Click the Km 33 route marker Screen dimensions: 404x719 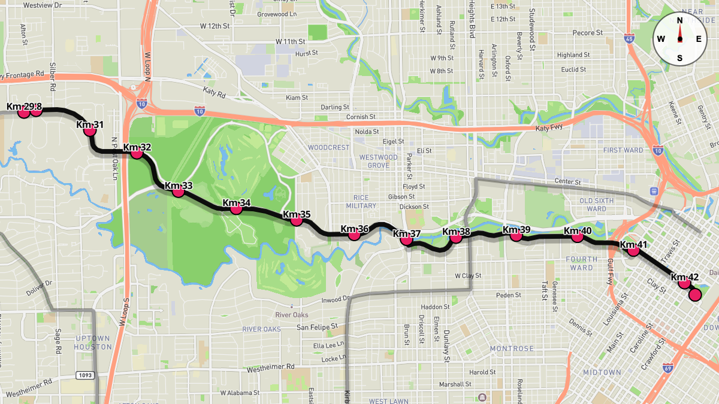coord(178,192)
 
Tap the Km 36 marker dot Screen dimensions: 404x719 coord(354,235)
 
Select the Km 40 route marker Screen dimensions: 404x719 coord(578,237)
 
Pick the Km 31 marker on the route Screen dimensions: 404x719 coord(90,130)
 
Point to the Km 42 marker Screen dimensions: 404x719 coord(684,283)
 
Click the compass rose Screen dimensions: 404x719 coord(680,39)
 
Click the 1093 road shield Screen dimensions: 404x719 coord(83,375)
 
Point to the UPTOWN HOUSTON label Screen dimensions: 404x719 coord(93,342)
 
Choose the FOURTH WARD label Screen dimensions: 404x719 coord(581,263)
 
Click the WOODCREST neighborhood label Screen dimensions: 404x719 coord(328,147)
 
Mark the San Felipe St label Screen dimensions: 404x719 coord(318,327)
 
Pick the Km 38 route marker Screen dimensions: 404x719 coord(455,238)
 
